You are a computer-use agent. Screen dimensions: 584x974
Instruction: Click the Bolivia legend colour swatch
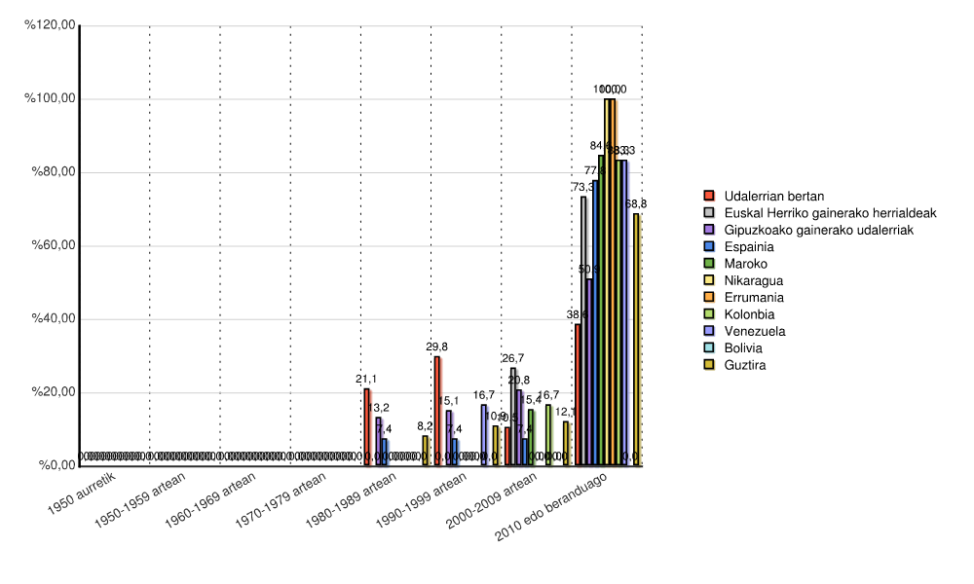coord(710,348)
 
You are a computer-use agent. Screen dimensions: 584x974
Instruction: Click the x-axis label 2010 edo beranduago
coord(559,509)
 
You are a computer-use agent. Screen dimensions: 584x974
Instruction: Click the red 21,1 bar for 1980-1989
coord(367,427)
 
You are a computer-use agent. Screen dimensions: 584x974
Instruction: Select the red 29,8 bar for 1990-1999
coord(437,411)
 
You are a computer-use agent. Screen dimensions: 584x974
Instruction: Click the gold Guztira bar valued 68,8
coord(636,340)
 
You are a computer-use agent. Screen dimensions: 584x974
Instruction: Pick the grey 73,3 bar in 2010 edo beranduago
coord(583,331)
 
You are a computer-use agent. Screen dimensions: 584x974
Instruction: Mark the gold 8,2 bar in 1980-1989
coord(425,451)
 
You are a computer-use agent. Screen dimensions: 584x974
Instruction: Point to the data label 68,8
coord(636,204)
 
